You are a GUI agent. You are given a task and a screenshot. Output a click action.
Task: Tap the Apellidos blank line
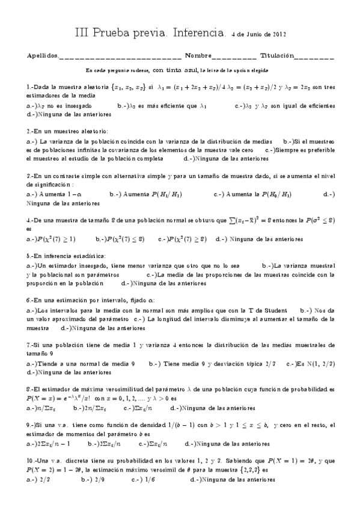pyautogui.click(x=120, y=57)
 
